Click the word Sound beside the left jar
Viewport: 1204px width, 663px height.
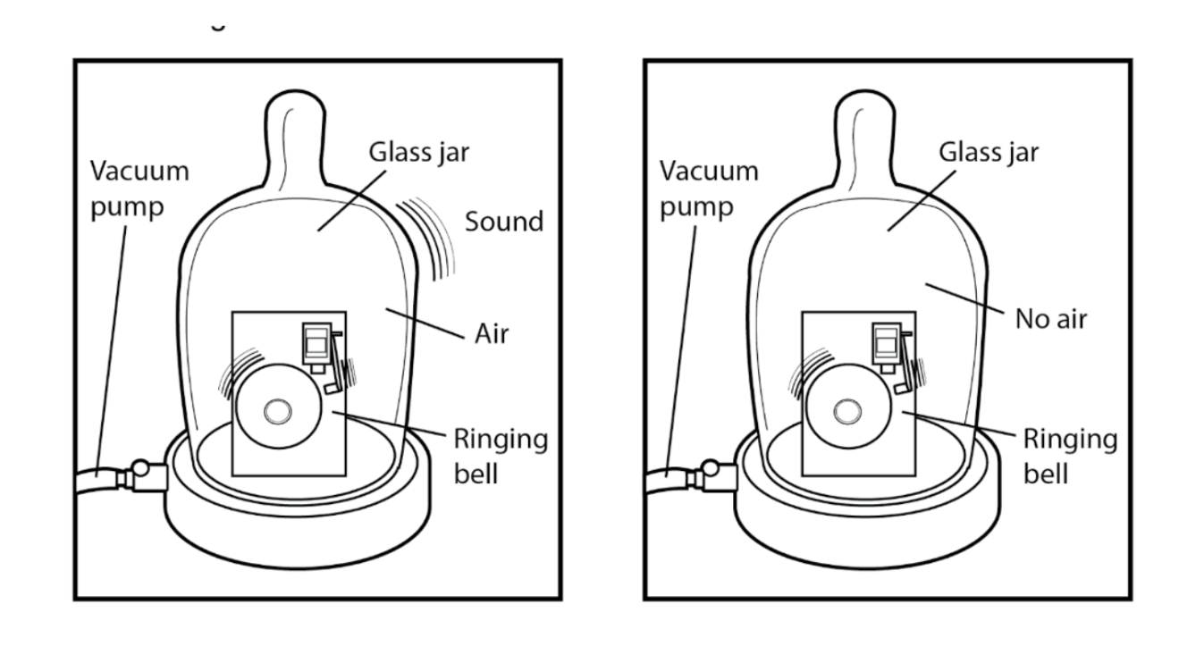(504, 221)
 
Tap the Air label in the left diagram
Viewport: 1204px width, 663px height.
(491, 334)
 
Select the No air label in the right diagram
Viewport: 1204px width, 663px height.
(1050, 317)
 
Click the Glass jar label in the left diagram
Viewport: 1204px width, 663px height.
(418, 152)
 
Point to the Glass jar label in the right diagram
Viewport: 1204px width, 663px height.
(988, 152)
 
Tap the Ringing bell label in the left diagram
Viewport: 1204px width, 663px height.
(501, 456)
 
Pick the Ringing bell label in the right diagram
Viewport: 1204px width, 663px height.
(1069, 456)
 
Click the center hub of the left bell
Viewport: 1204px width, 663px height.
(276, 411)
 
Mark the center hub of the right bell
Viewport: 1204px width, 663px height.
(845, 411)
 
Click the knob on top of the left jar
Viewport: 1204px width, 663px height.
(295, 125)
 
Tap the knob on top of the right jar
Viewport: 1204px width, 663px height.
(863, 125)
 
